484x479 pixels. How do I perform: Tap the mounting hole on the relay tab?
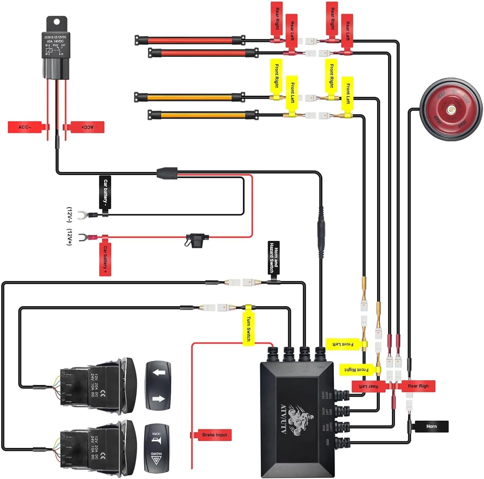[x=56, y=22]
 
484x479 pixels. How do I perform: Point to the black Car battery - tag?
[x=105, y=193]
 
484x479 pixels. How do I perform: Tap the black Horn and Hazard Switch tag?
[x=274, y=258]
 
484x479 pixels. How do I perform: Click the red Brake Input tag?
[x=214, y=435]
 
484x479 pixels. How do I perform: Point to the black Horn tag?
[x=431, y=426]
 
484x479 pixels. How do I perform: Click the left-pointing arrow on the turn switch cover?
[x=158, y=372]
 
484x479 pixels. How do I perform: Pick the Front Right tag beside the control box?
[x=357, y=370]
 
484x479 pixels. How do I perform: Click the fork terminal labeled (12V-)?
[x=81, y=215]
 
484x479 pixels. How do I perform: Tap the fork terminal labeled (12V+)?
[x=82, y=237]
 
